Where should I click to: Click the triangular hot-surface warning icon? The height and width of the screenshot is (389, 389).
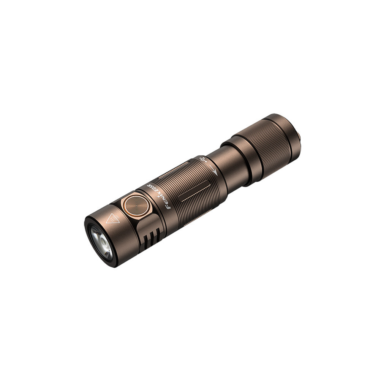(x=113, y=218)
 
